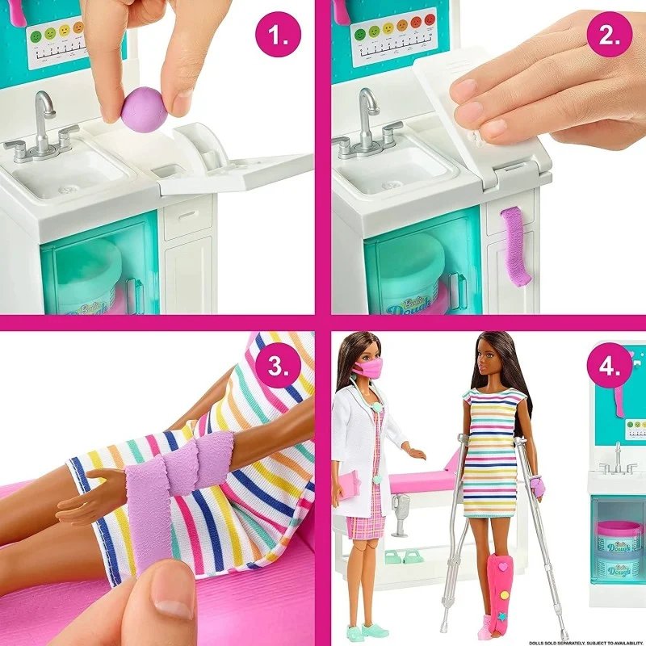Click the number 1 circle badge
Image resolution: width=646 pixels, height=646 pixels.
point(278,36)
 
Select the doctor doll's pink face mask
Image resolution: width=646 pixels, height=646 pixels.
point(367,368)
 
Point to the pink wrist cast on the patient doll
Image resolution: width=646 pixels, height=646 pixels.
point(534,487)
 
